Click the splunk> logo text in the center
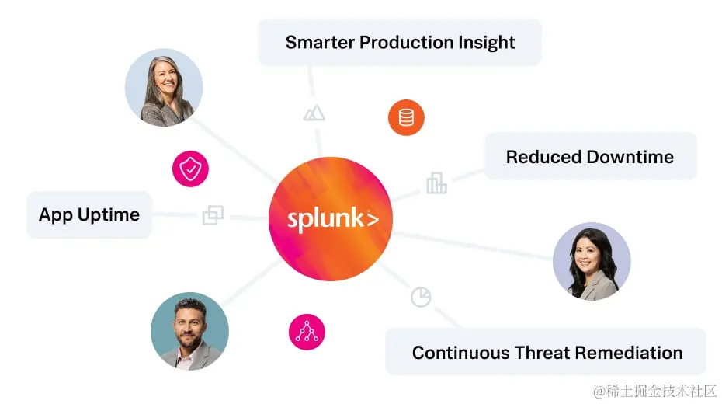click(332, 220)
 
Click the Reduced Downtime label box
click(590, 157)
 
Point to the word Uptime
click(109, 214)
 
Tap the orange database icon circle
click(406, 118)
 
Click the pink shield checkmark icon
click(190, 168)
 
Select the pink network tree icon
click(307, 332)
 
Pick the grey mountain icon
click(314, 113)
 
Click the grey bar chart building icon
click(436, 183)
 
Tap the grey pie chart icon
click(421, 297)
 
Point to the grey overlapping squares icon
click(213, 215)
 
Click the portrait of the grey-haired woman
click(164, 87)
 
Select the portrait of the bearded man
click(189, 331)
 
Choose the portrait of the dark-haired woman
click(592, 262)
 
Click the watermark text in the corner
click(654, 391)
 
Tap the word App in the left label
click(56, 215)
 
